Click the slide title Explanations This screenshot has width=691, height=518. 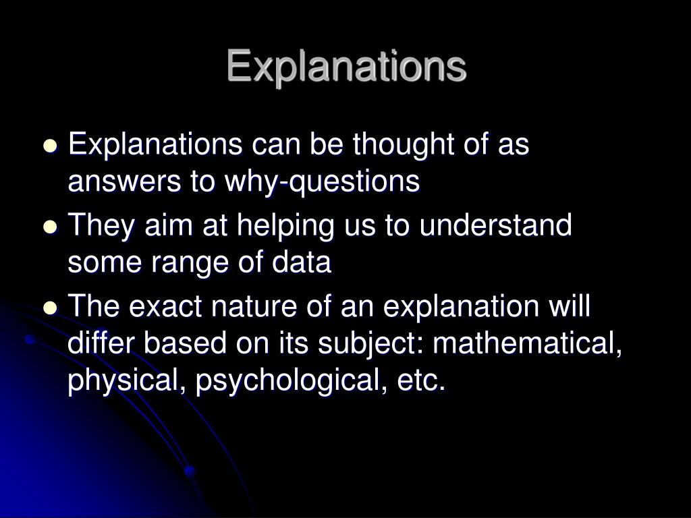[x=345, y=67]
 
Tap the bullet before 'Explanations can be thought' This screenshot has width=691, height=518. [x=50, y=146]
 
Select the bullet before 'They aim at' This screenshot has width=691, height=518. [x=50, y=227]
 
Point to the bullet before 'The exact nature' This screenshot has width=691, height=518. [x=50, y=308]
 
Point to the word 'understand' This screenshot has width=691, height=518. [x=495, y=225]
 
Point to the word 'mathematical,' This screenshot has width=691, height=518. [x=527, y=344]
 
